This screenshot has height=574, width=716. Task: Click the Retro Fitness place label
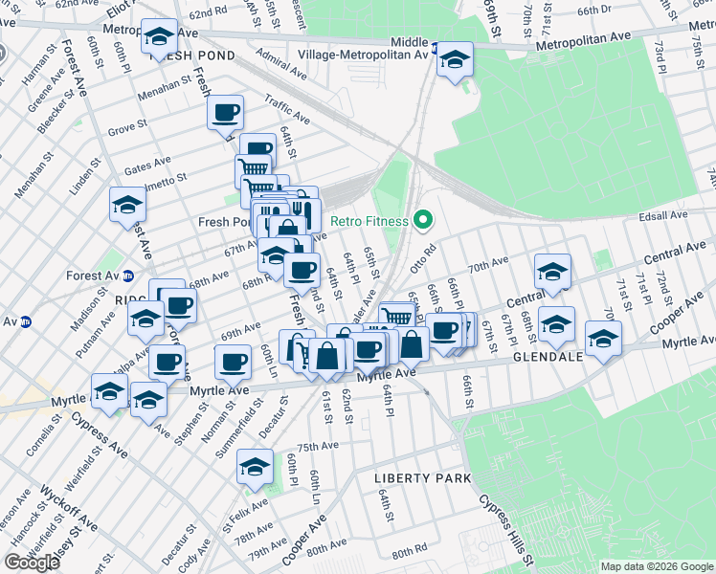(369, 221)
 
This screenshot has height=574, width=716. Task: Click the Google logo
(32, 562)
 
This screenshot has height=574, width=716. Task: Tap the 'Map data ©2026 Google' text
(657, 566)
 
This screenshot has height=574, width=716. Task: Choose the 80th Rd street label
(408, 552)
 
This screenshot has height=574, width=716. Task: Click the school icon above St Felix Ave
(255, 467)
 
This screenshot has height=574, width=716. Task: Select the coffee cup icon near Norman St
(233, 362)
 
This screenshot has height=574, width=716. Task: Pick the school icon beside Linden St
(126, 205)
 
